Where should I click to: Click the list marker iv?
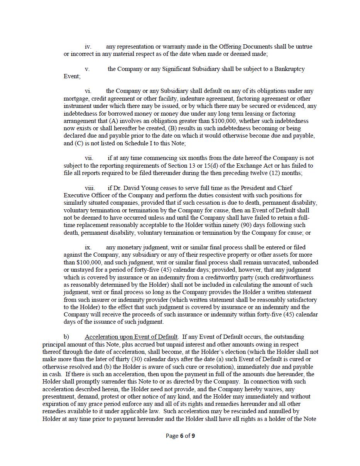[88, 47]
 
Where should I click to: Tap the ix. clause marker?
[88, 247]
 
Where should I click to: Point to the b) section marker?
[66, 337]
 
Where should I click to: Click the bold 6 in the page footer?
[181, 436]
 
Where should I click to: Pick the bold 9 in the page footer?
[193, 436]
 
